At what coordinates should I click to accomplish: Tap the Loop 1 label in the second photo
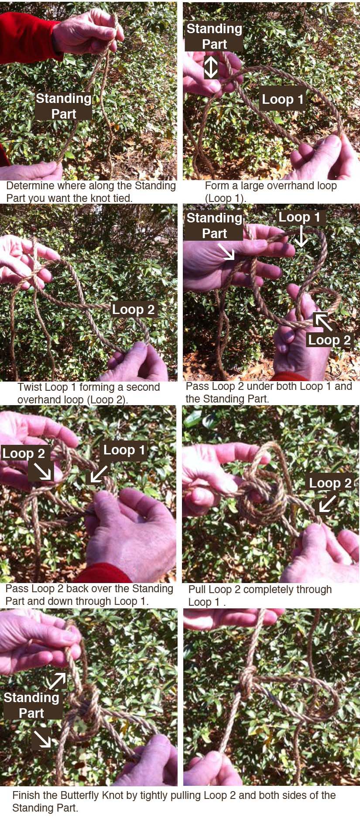(x=282, y=99)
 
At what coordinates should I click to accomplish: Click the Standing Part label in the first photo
(x=64, y=106)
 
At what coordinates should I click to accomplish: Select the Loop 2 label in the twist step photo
(x=133, y=309)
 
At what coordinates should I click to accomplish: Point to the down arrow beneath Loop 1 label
(x=301, y=236)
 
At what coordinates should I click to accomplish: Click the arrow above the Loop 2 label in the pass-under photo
(x=324, y=321)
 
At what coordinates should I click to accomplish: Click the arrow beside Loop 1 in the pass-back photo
(x=99, y=474)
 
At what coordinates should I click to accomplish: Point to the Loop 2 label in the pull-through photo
(x=330, y=483)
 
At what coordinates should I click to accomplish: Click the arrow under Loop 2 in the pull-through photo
(x=328, y=502)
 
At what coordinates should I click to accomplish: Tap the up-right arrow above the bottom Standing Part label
(x=57, y=681)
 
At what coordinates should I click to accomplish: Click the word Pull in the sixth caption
(x=198, y=590)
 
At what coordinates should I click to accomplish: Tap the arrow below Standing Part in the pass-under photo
(x=226, y=251)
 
